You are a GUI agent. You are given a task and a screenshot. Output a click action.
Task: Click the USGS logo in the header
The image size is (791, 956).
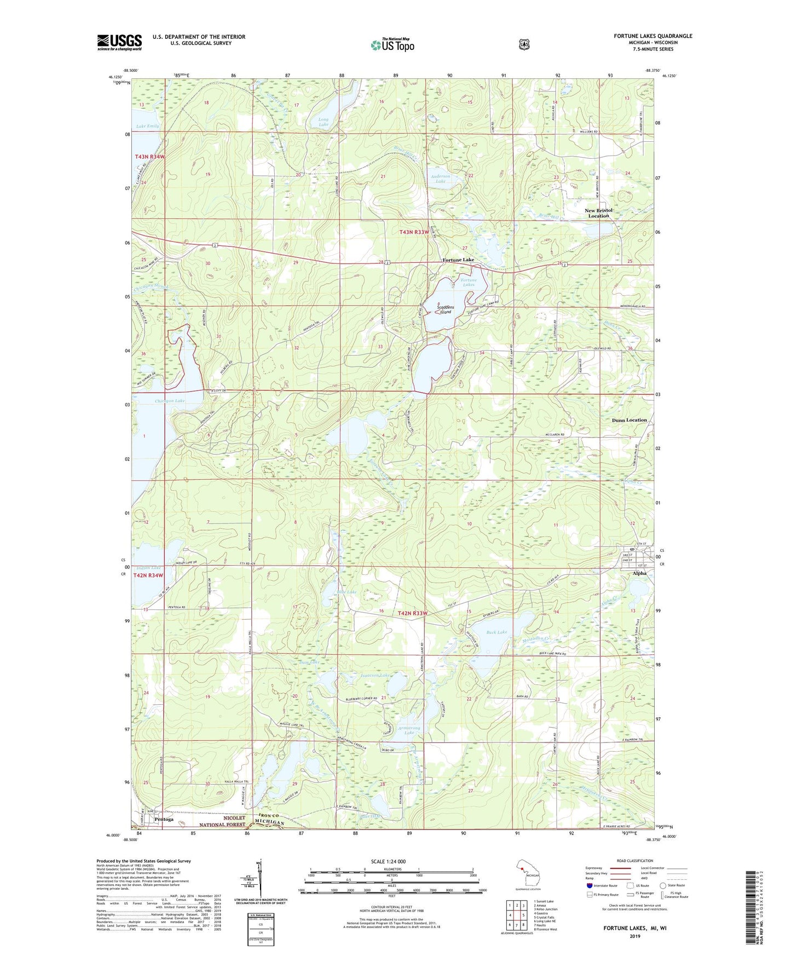point(119,42)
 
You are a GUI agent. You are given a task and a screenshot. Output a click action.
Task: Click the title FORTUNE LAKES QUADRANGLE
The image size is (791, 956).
point(653,36)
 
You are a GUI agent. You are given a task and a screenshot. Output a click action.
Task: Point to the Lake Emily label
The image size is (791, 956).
point(148,126)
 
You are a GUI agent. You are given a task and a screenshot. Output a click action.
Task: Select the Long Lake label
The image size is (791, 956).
point(324,122)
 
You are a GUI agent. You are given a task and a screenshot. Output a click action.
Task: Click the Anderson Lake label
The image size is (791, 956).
point(440,179)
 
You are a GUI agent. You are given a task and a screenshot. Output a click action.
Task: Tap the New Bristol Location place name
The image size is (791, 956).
point(598,213)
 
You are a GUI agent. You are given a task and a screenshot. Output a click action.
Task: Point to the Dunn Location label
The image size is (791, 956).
point(629,420)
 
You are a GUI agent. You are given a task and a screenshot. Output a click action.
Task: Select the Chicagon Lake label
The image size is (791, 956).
point(170,401)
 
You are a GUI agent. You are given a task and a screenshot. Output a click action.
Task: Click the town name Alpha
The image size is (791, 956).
point(639,573)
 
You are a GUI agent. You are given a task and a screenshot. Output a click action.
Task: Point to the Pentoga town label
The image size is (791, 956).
point(164,819)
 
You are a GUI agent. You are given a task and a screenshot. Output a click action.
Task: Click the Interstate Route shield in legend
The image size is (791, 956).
point(589,885)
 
